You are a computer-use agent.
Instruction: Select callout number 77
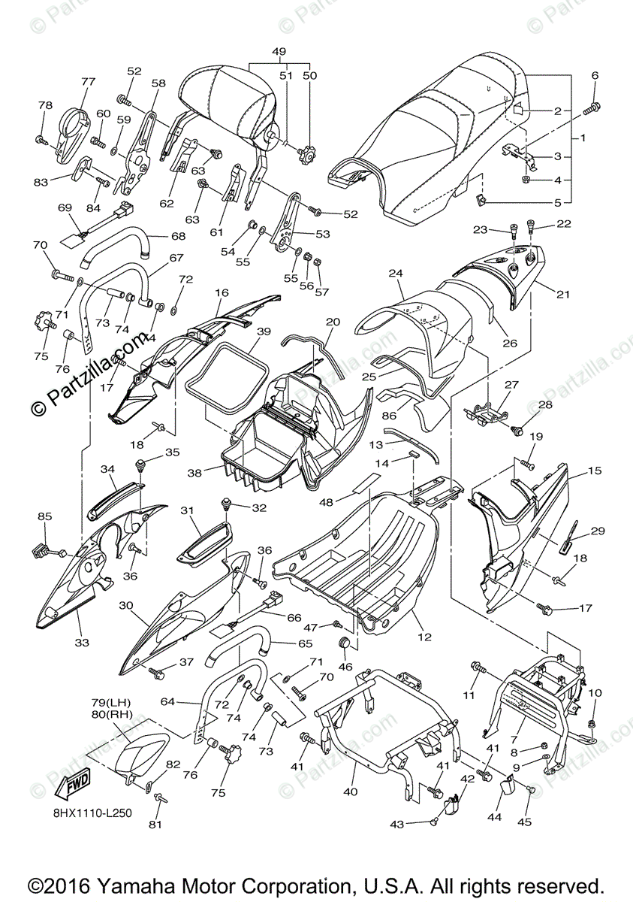89,82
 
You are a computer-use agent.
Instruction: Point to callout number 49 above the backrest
279,51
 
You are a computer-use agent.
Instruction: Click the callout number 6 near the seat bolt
595,75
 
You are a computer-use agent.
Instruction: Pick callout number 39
262,331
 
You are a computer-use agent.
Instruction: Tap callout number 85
45,516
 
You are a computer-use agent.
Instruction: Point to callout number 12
425,637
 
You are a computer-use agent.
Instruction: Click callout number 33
81,642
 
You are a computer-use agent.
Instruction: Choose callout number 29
598,531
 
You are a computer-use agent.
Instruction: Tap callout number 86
388,414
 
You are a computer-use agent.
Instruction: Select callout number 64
168,702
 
